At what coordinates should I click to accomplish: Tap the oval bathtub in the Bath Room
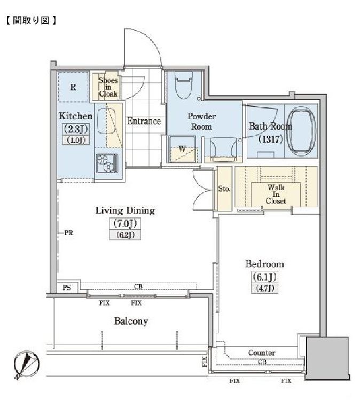[301, 131]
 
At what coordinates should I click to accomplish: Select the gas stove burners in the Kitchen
[107, 163]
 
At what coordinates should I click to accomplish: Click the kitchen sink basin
[107, 122]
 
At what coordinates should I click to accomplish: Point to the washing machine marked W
[182, 149]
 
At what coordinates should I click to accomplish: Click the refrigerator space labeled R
[73, 87]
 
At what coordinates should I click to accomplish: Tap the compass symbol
[26, 365]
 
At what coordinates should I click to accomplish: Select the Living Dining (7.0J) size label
[125, 224]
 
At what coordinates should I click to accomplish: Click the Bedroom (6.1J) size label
[264, 277]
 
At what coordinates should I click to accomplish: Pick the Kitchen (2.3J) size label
[75, 129]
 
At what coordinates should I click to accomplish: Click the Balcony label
[131, 321]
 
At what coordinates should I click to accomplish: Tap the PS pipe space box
[67, 287]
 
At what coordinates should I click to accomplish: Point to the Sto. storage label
[224, 189]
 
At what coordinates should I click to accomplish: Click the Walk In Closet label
[276, 194]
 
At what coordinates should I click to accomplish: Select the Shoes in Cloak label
[108, 87]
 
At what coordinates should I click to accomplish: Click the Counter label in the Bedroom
[262, 353]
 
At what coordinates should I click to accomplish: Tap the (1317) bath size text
[271, 139]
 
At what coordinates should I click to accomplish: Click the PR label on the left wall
[68, 233]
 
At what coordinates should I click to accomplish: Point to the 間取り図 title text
[31, 20]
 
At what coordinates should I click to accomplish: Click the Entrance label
[144, 121]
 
